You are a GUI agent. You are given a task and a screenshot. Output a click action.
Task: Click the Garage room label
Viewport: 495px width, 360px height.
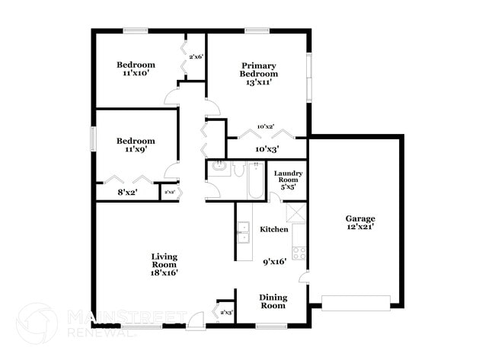[360, 218]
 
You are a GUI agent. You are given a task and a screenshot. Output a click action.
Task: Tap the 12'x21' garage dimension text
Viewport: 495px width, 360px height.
[360, 227]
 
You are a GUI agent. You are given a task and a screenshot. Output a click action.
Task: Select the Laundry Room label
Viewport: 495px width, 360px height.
[289, 177]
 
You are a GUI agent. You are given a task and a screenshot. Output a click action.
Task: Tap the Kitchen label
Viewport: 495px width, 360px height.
[274, 229]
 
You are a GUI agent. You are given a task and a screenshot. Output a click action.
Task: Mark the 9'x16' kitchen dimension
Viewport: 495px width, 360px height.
[273, 261]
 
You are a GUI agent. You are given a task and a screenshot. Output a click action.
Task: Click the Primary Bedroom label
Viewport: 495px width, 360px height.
[259, 69]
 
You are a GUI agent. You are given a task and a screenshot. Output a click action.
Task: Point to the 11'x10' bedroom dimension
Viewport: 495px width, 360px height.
[136, 74]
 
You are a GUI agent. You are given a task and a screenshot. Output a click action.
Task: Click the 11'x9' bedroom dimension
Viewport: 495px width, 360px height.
[136, 150]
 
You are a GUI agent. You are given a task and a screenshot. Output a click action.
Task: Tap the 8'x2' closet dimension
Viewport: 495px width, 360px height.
[128, 193]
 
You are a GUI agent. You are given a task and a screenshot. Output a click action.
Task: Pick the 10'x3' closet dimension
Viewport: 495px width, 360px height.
[267, 149]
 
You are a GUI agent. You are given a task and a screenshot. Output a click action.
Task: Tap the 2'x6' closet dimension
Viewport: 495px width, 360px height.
[196, 56]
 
